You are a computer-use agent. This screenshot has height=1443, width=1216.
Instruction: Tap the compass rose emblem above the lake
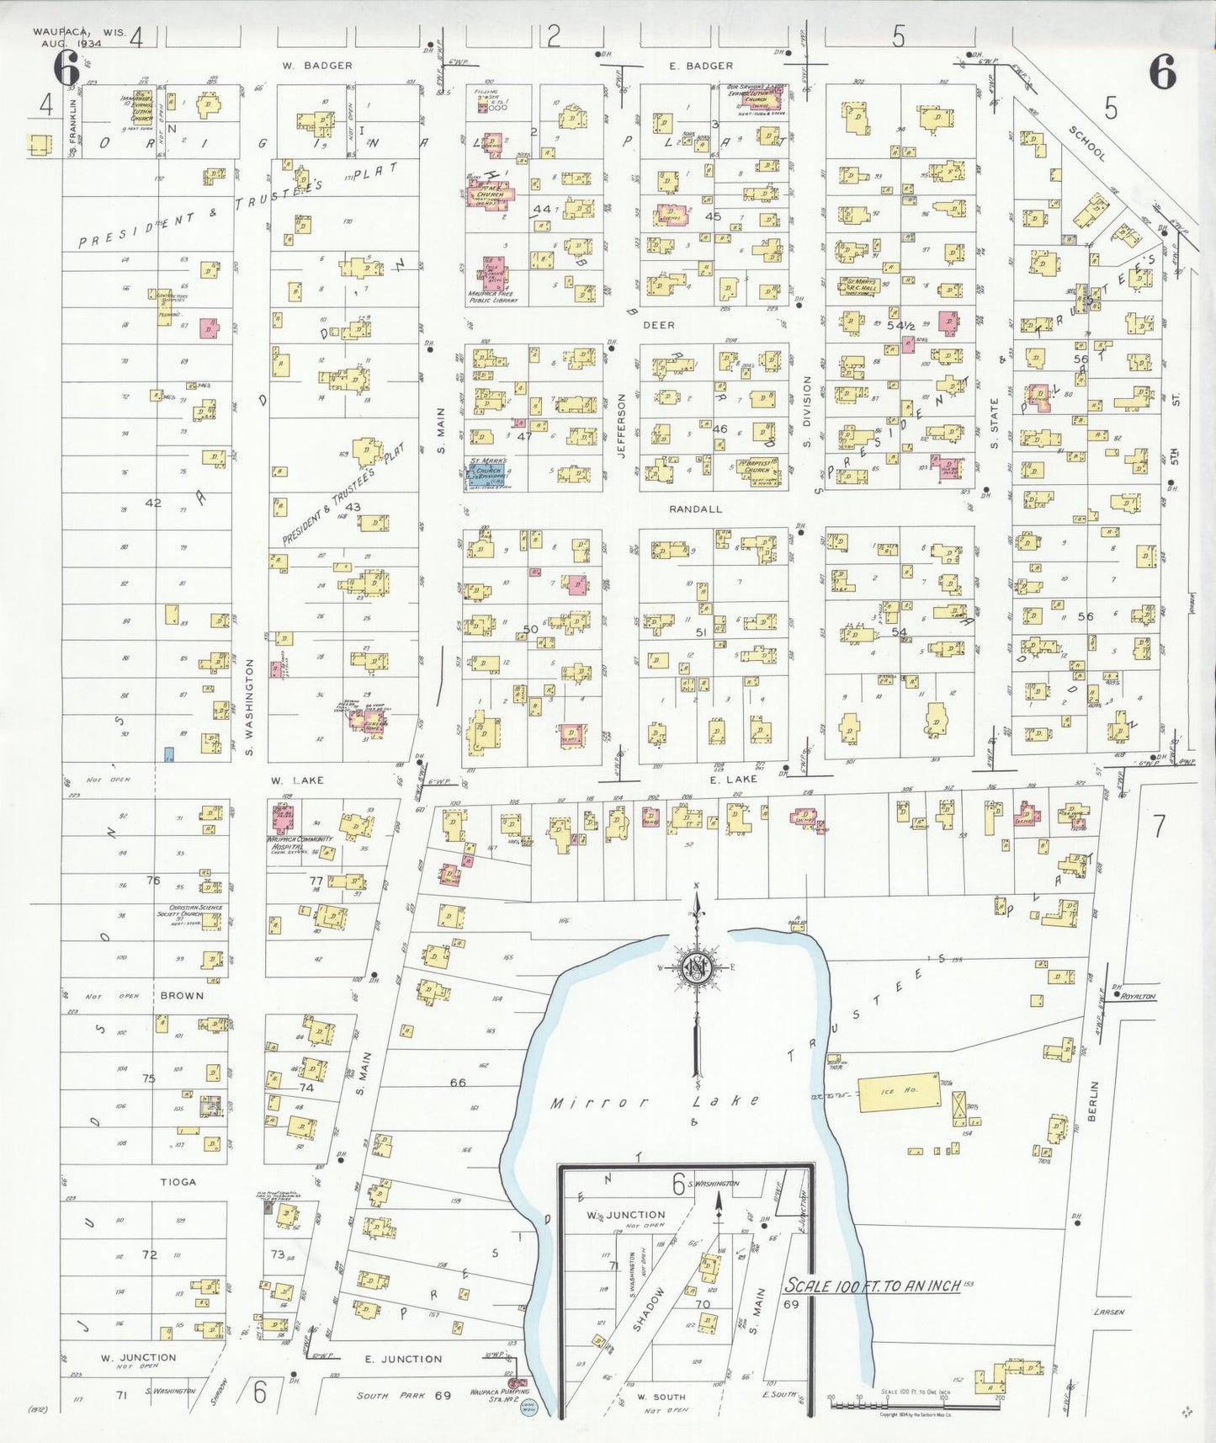pyautogui.click(x=697, y=968)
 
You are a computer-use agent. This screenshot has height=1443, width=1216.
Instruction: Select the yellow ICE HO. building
pyautogui.click(x=899, y=1092)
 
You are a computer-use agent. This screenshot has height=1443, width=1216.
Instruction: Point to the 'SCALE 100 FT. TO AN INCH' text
pyautogui.click(x=872, y=1286)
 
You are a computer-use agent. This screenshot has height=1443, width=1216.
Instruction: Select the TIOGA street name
pyautogui.click(x=178, y=1182)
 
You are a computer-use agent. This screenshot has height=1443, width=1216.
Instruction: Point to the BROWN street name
pyautogui.click(x=182, y=995)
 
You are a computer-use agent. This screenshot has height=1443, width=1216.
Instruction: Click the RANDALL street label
pyautogui.click(x=696, y=509)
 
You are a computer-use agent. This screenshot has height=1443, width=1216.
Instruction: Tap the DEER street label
pyautogui.click(x=659, y=324)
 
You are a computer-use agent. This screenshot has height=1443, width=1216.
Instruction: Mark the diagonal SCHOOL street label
pyautogui.click(x=1087, y=143)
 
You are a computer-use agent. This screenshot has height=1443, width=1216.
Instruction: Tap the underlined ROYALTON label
pyautogui.click(x=1138, y=996)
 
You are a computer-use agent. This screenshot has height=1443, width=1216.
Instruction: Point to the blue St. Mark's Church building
pyautogui.click(x=487, y=473)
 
